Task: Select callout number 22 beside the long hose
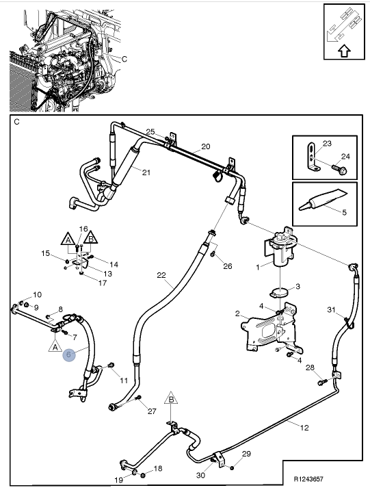coord(161,276)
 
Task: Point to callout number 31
coord(331,310)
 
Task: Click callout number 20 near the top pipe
coord(205,146)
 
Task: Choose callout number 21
coord(146,172)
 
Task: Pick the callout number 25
coord(150,132)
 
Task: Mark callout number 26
coord(228,266)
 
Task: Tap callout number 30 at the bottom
coord(201,474)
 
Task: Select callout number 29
coord(247,454)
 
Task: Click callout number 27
coord(153,411)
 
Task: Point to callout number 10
coord(37,294)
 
